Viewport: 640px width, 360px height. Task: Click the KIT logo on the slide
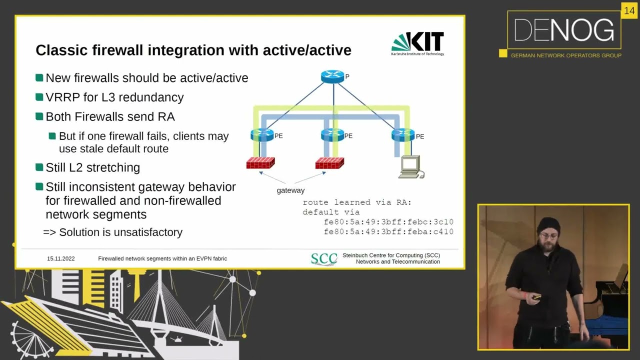point(417,43)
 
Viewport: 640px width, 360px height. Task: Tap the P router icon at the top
point(332,76)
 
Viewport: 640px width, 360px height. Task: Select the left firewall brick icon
point(260,163)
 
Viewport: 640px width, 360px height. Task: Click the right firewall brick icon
point(329,163)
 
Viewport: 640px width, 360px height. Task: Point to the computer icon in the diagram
point(411,166)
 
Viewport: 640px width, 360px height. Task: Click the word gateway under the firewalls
point(290,190)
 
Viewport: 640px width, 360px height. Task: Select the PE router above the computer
point(403,134)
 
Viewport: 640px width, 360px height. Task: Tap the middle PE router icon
point(332,134)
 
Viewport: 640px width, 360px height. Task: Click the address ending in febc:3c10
point(388,221)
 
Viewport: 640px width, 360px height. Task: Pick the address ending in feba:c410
point(388,231)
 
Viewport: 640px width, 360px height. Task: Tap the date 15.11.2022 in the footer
point(61,258)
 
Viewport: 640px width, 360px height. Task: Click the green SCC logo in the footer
point(323,259)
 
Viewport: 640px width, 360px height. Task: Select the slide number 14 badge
point(628,11)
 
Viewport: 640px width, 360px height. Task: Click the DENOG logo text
point(564,31)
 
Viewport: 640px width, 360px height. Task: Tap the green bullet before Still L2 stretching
point(39,167)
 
